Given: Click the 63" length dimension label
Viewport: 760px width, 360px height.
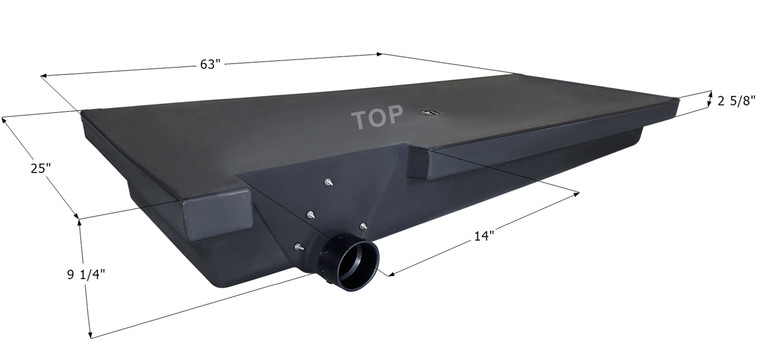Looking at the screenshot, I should (210, 64).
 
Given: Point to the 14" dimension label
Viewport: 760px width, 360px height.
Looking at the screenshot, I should (484, 236).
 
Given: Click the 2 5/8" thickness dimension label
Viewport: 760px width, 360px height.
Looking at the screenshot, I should (736, 100).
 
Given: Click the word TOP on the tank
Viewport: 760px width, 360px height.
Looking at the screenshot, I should (376, 118).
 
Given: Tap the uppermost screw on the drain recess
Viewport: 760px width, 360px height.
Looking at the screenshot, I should (328, 182).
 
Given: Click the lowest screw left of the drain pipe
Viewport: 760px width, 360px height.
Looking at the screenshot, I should (297, 247).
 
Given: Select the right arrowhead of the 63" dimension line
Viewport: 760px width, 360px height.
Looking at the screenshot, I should (517, 72).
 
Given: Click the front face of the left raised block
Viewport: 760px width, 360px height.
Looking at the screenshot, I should (215, 214).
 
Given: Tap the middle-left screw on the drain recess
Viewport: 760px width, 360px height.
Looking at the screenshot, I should (309, 214).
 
